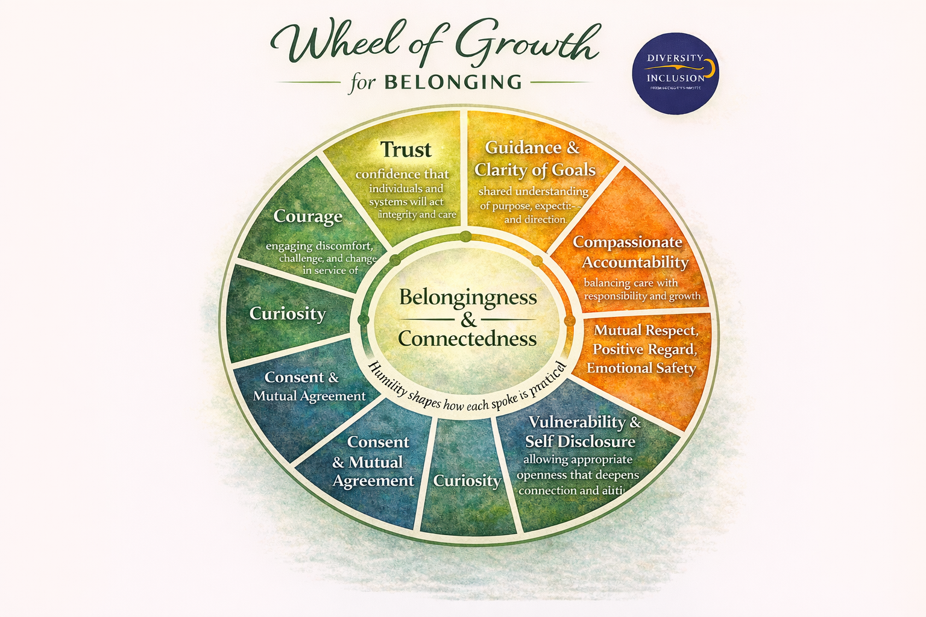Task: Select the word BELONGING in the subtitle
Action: (x=453, y=82)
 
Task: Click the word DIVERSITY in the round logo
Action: (x=675, y=58)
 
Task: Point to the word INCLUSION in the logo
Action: (x=675, y=78)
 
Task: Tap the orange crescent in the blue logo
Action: (x=711, y=68)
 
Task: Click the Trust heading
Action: (x=406, y=149)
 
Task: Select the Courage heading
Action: (x=307, y=216)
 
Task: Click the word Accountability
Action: (x=635, y=263)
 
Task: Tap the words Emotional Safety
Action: (x=641, y=368)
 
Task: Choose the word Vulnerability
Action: (x=576, y=422)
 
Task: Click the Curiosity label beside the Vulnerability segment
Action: (x=467, y=481)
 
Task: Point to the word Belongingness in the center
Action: (x=468, y=297)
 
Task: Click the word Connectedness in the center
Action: (x=467, y=339)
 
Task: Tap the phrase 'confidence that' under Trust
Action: (x=402, y=174)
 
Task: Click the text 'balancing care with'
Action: (x=631, y=283)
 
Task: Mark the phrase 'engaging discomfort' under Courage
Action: (x=319, y=246)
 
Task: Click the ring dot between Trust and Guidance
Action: (x=465, y=236)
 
